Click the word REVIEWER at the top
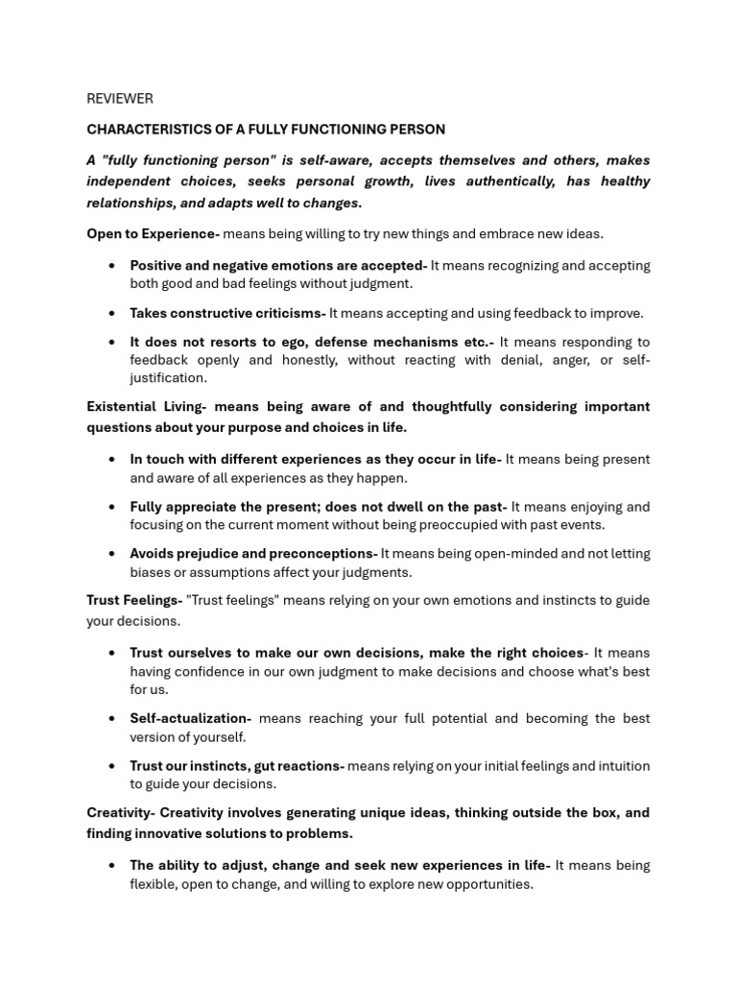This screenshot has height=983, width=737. click(119, 99)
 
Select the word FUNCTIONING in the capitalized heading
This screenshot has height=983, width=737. click(323, 129)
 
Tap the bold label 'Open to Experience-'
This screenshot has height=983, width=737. click(153, 234)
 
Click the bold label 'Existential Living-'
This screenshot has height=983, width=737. click(146, 406)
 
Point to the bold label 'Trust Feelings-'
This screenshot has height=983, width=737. click(134, 600)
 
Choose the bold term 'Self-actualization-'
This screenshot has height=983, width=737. click(190, 718)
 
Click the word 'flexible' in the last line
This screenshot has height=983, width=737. click(154, 884)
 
